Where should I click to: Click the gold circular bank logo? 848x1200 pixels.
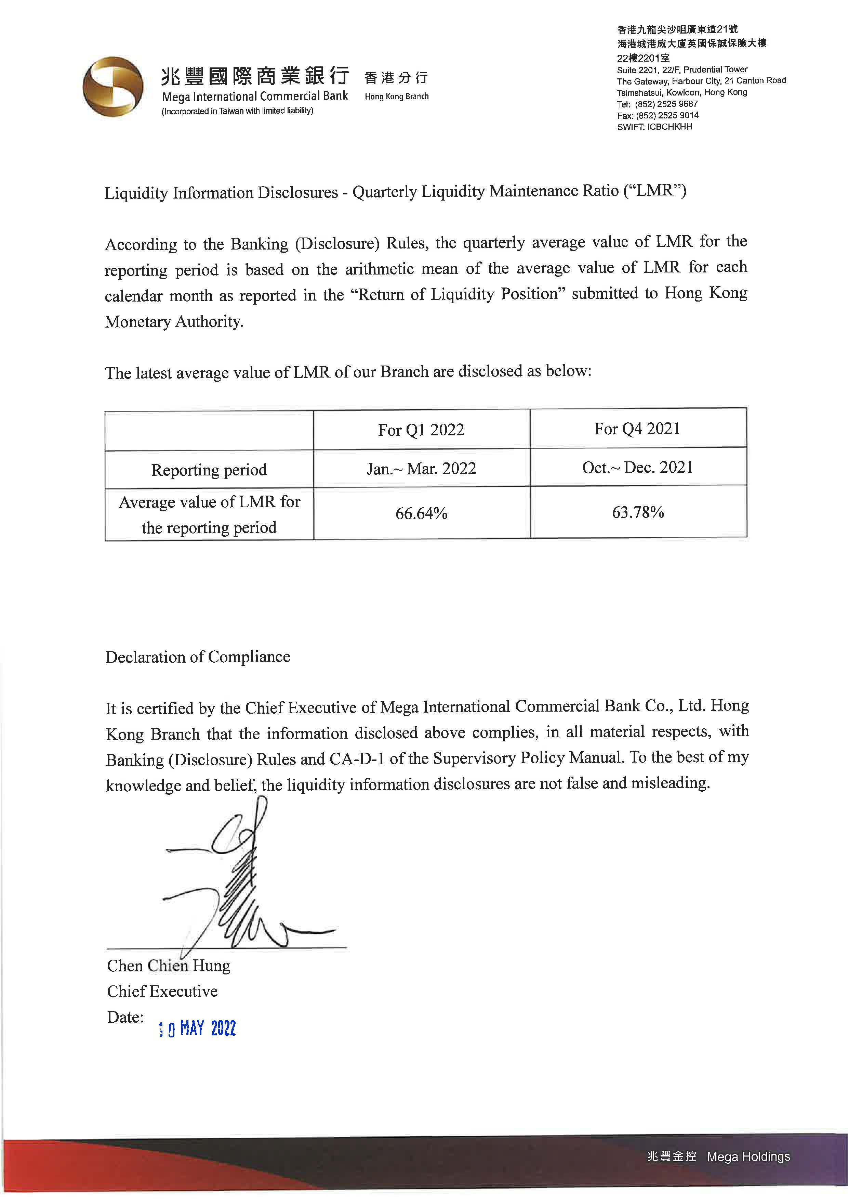[113, 87]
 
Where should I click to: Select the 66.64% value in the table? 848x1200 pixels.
[421, 513]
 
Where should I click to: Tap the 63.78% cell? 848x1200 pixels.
[638, 512]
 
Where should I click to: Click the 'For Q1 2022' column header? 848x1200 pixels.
[421, 430]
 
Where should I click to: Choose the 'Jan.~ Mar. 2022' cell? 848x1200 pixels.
[421, 468]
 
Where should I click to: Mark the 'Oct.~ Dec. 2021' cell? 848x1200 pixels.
[638, 467]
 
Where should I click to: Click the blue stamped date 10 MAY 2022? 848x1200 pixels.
[197, 1029]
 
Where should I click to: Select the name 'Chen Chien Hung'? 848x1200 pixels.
[168, 965]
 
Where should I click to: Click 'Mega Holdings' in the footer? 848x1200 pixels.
[748, 1157]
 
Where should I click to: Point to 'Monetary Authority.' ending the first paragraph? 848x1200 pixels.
[174, 321]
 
